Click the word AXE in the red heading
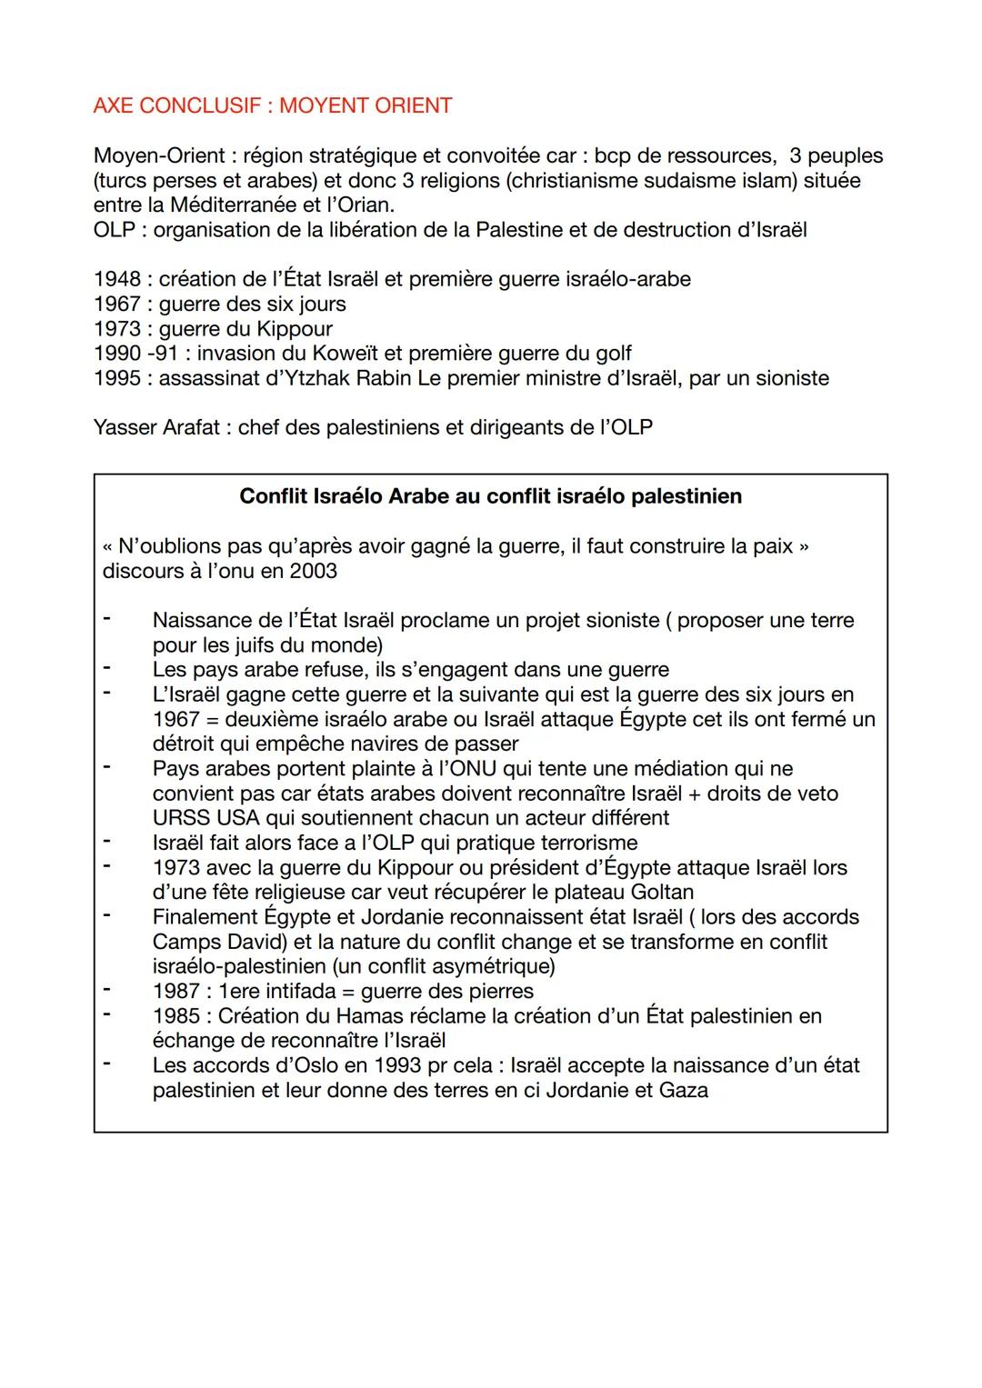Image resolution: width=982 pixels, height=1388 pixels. coord(113,105)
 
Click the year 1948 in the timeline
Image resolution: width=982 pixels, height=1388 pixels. coord(116,279)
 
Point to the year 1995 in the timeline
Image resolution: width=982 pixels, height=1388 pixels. coord(116,377)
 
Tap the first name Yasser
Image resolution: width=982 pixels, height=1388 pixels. coord(125,426)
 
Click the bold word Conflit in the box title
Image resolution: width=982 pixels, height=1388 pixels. coord(274,496)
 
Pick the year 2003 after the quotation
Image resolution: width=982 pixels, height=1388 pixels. coord(314,571)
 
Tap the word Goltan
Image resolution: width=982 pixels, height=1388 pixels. coord(663,892)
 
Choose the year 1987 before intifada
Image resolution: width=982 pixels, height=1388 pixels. coord(175,991)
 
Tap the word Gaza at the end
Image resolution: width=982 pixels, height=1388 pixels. coord(683,1089)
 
